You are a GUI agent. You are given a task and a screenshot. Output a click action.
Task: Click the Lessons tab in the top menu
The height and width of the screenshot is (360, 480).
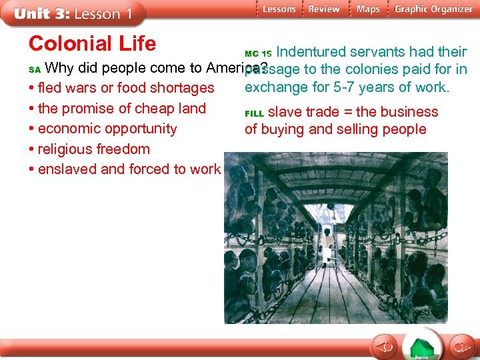click(x=278, y=9)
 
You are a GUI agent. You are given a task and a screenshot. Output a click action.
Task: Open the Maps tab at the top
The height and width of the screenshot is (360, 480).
click(x=368, y=9)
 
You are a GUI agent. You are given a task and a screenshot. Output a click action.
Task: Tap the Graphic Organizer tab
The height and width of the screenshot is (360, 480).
click(x=433, y=9)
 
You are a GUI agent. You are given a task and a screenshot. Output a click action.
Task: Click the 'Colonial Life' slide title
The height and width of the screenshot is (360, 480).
click(x=92, y=44)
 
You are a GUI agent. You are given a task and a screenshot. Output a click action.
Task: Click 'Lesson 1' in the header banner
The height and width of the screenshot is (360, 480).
click(x=103, y=13)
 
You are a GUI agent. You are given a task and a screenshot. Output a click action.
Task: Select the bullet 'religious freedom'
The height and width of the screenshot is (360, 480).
click(x=93, y=149)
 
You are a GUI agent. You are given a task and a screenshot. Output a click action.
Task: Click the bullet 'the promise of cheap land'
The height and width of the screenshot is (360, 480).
click(x=121, y=109)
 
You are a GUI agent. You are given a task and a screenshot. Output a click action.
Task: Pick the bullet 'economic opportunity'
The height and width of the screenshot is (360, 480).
click(x=107, y=129)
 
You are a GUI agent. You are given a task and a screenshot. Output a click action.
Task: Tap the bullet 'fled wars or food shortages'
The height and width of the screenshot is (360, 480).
click(x=125, y=88)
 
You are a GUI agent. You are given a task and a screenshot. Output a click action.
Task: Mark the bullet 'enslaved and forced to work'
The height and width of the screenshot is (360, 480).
click(x=129, y=169)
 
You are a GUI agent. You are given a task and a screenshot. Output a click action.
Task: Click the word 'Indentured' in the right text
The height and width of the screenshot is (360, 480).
click(x=309, y=52)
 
